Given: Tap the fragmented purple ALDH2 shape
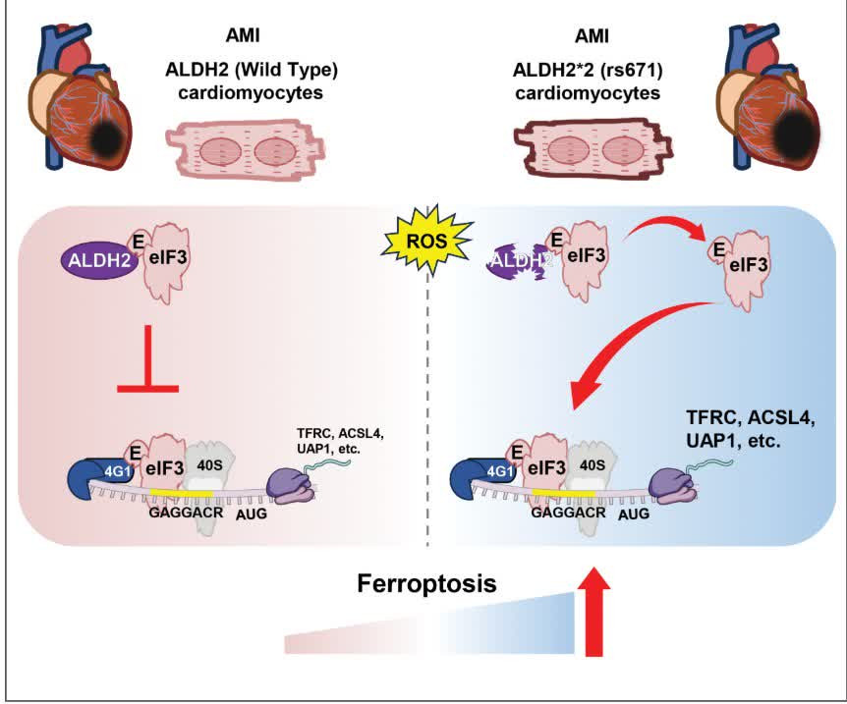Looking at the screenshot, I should [516, 260].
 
